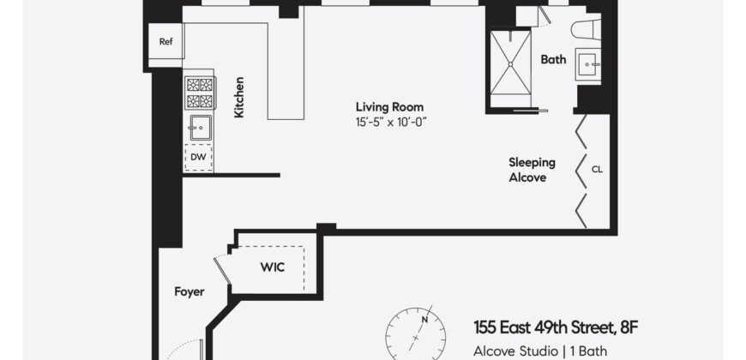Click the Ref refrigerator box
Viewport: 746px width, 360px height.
[x=165, y=41]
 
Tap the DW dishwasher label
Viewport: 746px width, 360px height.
[x=198, y=157]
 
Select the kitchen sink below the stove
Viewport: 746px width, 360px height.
[x=200, y=128]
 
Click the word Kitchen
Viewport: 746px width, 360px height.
[x=240, y=98]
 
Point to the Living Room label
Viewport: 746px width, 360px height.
[x=390, y=107]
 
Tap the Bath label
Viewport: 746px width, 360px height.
[x=553, y=60]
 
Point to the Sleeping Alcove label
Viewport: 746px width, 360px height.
[x=532, y=170]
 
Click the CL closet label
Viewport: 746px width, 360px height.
[x=597, y=169]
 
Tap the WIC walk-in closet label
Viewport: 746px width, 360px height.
[x=272, y=267]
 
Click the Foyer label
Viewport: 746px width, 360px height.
[x=190, y=291]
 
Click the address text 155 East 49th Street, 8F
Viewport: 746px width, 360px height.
[x=556, y=327]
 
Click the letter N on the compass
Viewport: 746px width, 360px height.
[x=423, y=319]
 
